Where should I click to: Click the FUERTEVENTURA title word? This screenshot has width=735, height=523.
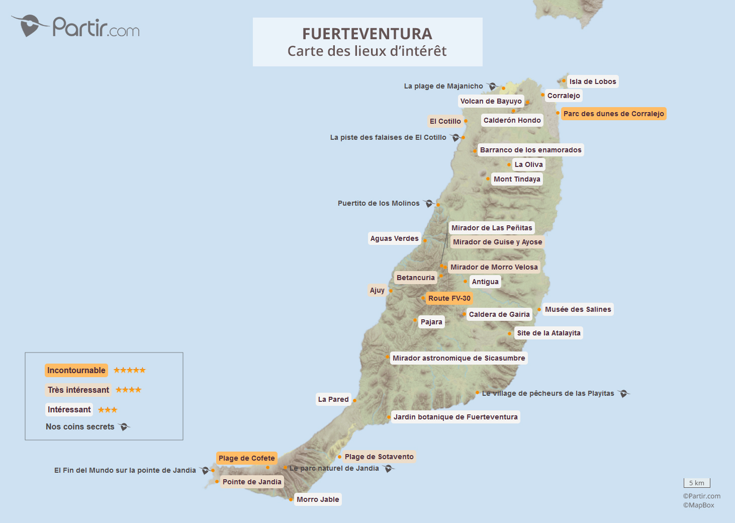tap(367, 34)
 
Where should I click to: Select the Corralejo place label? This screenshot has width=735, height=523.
tap(564, 96)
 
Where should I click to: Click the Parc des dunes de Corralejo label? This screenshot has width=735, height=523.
tap(613, 114)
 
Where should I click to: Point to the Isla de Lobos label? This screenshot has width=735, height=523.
tap(592, 81)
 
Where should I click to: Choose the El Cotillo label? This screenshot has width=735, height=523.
tap(445, 121)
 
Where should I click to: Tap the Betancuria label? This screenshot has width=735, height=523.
tap(415, 278)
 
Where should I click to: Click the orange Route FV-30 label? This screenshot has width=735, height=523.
tap(449, 298)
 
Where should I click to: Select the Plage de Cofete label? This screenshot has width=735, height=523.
tap(246, 458)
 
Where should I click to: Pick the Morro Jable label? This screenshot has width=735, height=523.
tap(318, 499)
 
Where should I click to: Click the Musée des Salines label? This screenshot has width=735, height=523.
tap(578, 309)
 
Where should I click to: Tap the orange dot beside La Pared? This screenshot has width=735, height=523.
tap(354, 400)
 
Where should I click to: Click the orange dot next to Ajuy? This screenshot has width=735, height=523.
tap(391, 291)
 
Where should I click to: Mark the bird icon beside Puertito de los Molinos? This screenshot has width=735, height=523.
tap(428, 203)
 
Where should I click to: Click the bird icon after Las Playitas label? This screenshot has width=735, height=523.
tap(623, 393)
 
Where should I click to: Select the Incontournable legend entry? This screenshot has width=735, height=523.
tap(76, 371)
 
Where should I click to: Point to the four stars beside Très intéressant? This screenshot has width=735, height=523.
tap(128, 390)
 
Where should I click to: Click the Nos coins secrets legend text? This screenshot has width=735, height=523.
tap(80, 427)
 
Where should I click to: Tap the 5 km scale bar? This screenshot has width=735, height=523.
tap(697, 483)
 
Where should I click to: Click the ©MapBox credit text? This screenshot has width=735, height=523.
tap(698, 505)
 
